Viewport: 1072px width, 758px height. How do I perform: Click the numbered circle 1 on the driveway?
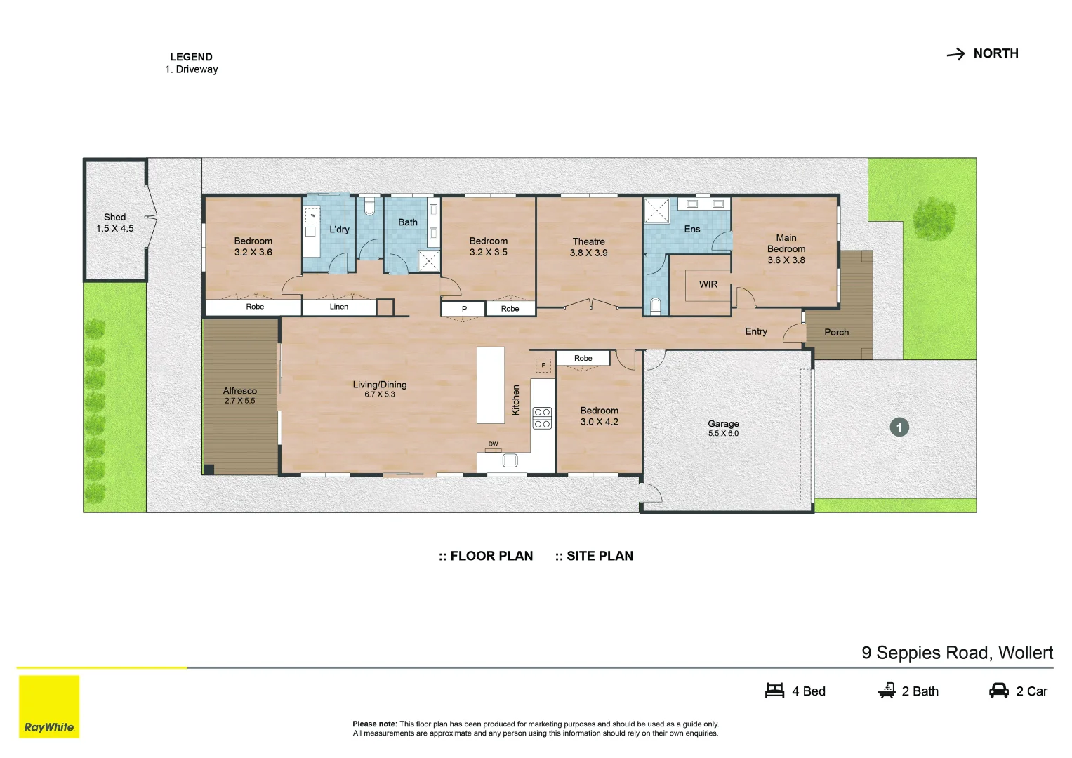[899, 427]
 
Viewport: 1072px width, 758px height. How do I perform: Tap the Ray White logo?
[49, 706]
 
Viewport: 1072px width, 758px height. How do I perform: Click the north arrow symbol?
[955, 54]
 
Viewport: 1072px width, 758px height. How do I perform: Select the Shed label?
[115, 218]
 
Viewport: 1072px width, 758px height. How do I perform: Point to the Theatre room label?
[588, 241]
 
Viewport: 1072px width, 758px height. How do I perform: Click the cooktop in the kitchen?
[542, 418]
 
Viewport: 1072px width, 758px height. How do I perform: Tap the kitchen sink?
[510, 460]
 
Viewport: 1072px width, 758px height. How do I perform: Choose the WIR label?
[708, 284]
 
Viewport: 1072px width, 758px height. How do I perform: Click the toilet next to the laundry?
[369, 207]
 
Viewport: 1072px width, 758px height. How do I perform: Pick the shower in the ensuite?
[656, 211]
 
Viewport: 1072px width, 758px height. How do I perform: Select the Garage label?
[723, 423]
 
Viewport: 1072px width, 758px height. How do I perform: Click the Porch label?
[837, 332]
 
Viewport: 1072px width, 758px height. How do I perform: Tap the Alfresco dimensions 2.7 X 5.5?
[240, 401]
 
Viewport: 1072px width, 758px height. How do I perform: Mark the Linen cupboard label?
[339, 307]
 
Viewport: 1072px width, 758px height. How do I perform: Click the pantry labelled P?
[464, 309]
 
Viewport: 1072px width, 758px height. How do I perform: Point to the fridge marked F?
[543, 365]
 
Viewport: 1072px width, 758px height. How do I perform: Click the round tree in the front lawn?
[934, 218]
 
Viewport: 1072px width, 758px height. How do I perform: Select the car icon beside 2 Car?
[999, 691]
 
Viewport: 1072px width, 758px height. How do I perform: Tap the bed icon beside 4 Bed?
[774, 691]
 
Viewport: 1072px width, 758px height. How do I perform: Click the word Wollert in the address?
[1026, 653]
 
